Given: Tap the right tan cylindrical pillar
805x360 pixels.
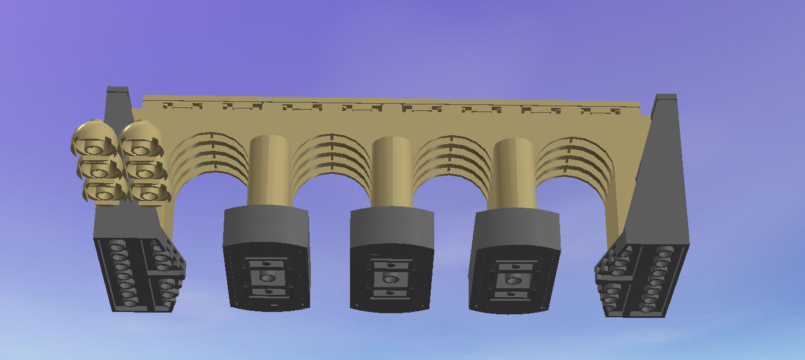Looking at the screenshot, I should coord(514,173).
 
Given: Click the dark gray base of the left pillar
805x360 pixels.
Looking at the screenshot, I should coord(266,228).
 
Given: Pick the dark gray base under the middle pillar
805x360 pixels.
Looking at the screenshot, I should coord(392,229).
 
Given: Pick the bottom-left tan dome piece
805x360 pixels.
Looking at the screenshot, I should coord(104,191).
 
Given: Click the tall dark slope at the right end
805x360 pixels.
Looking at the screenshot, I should coord(658,178).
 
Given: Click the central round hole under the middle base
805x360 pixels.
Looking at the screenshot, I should coord(390,279).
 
